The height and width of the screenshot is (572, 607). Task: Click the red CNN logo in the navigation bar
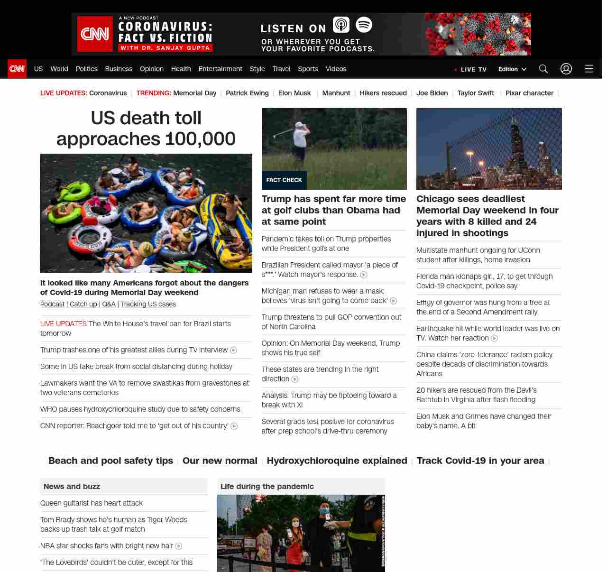click(x=17, y=69)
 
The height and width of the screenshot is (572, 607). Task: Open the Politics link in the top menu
click(x=86, y=69)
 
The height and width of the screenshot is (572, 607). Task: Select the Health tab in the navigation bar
click(x=181, y=69)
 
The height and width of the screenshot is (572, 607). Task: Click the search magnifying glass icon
click(x=543, y=69)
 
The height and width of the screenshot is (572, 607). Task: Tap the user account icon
click(x=566, y=69)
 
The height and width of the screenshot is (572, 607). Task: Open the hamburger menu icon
click(x=589, y=69)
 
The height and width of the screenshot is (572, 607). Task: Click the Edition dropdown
click(x=512, y=69)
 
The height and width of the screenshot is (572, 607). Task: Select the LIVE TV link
click(x=471, y=69)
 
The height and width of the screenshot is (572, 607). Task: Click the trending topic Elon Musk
click(x=294, y=93)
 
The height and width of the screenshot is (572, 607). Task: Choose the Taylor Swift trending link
click(x=476, y=93)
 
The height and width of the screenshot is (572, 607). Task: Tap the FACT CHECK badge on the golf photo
click(x=284, y=180)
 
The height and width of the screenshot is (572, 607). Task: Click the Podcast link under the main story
click(x=52, y=304)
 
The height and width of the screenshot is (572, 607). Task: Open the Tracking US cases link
click(x=148, y=304)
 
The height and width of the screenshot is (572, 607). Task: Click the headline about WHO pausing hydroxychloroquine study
click(x=140, y=409)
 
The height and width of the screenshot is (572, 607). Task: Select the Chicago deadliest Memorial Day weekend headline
click(x=487, y=216)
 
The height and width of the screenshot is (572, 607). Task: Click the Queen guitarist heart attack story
click(x=92, y=503)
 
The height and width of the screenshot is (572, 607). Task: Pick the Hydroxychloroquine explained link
click(x=337, y=461)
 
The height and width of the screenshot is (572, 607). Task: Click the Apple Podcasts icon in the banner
click(x=341, y=25)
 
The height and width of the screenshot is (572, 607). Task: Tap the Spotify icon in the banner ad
click(x=364, y=25)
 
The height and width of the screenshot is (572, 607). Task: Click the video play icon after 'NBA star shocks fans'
click(x=179, y=546)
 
